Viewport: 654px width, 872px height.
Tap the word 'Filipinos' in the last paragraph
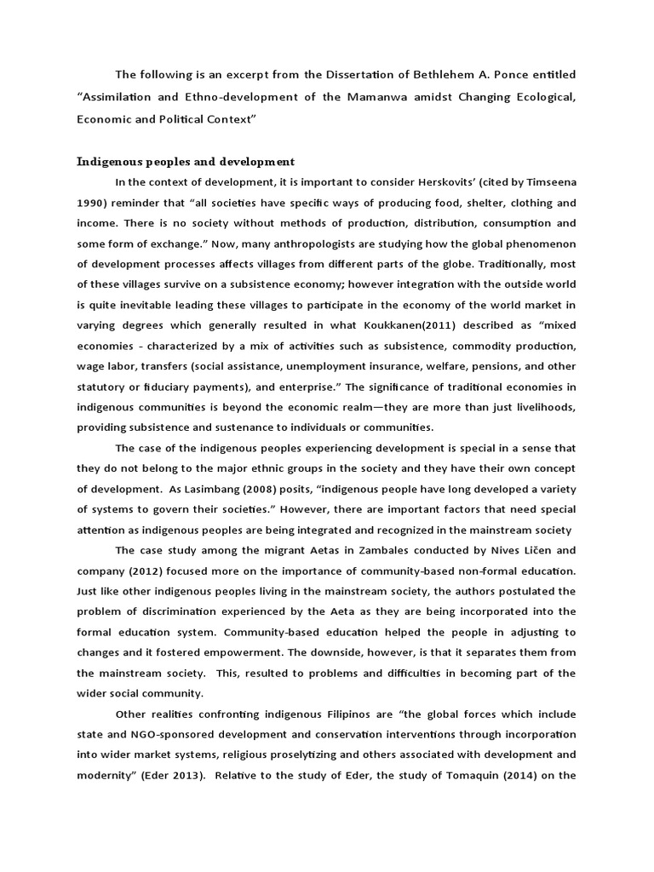(304, 714)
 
